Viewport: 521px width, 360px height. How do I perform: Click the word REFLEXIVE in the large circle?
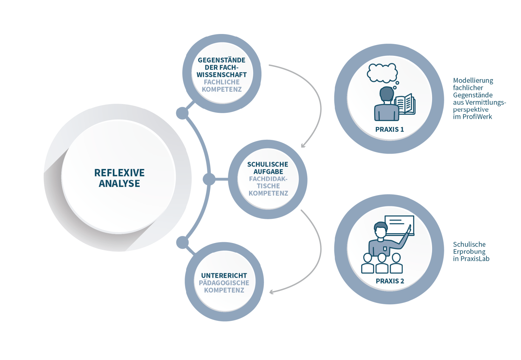pos(119,173)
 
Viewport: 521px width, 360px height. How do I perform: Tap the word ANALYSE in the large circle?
pos(119,183)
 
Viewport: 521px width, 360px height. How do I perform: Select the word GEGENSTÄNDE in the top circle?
pos(221,60)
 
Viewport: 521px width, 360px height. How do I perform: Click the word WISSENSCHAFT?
pos(221,75)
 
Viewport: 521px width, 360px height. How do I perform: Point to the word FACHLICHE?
pos(222,82)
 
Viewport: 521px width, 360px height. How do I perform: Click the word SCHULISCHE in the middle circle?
pos(268,164)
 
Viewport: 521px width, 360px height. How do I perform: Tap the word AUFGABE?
pos(268,172)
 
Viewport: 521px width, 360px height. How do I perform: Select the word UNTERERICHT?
pos(224,275)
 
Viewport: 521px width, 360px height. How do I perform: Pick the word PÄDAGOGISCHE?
pos(224,283)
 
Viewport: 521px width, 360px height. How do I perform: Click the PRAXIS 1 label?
pos(389,130)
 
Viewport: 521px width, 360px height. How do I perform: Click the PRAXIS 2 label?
pos(390,281)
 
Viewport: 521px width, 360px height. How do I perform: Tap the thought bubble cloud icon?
pos(382,73)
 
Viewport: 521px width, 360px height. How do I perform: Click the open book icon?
pos(405,104)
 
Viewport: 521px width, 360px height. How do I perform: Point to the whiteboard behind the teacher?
pos(399,225)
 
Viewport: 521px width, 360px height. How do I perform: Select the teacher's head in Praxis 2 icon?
pos(381,230)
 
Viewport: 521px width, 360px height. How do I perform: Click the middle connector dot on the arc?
pos(209,179)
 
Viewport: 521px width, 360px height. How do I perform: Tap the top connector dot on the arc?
pos(182,113)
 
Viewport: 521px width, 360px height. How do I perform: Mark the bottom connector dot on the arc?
pos(182,242)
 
